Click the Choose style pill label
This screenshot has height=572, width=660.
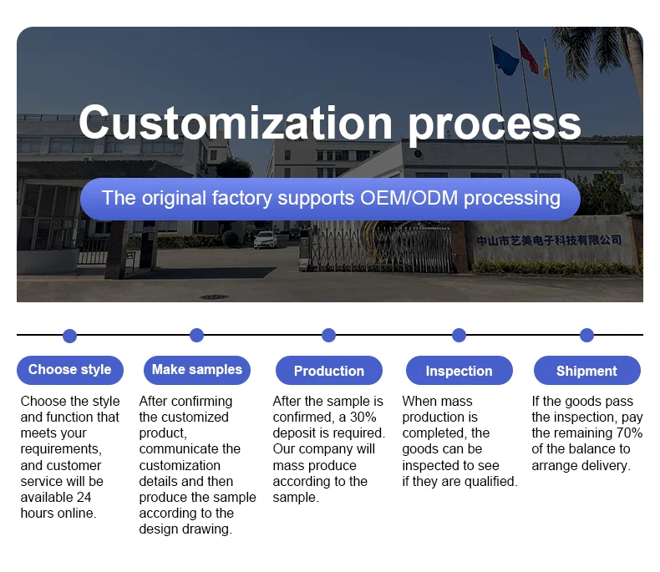[70, 370]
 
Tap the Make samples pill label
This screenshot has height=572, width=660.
[197, 370]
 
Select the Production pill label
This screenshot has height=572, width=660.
[329, 371]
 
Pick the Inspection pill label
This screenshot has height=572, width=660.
[459, 371]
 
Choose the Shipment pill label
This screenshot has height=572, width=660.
[586, 371]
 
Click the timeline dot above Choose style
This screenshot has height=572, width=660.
[70, 336]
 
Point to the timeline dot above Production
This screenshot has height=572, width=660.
[328, 335]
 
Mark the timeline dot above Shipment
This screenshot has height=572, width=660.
[586, 335]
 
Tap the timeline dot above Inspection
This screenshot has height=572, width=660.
[459, 335]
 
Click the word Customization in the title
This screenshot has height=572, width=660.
[236, 123]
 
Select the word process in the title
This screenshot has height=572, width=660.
[495, 125]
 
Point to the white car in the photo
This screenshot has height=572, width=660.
[266, 240]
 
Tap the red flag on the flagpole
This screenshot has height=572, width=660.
[529, 57]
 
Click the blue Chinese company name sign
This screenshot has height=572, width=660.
[549, 240]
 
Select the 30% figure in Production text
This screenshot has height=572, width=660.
[363, 417]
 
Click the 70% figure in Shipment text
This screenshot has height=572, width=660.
[629, 433]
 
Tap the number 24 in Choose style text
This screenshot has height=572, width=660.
[84, 497]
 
